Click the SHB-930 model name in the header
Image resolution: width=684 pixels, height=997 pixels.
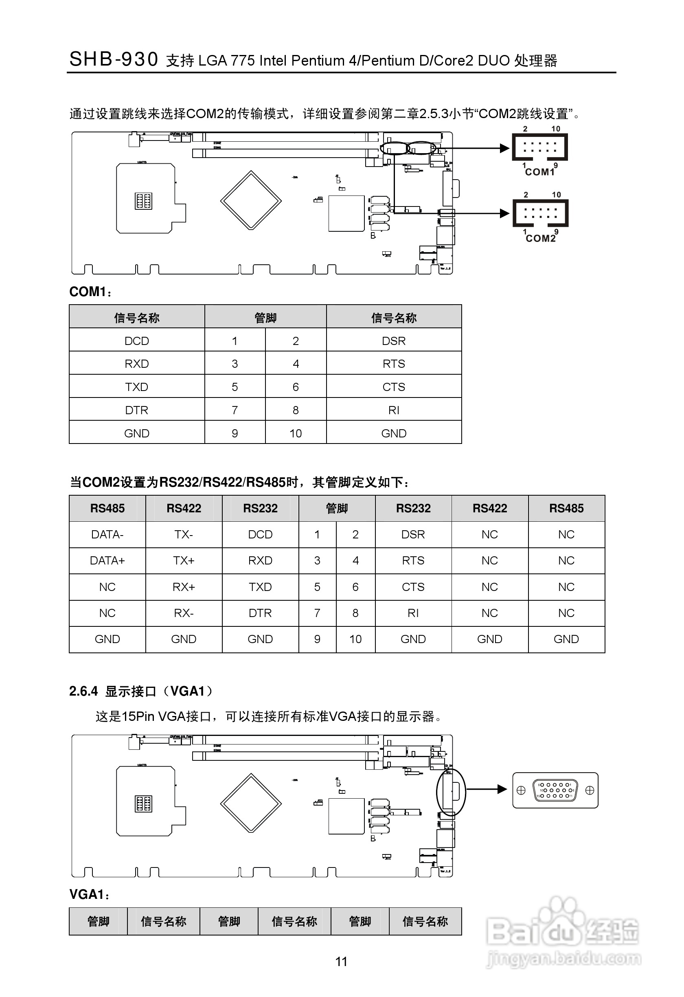114,59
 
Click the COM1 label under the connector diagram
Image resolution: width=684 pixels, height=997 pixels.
539,172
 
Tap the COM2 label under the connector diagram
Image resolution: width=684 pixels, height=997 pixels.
540,239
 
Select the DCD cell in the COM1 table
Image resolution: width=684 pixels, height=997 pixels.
136,341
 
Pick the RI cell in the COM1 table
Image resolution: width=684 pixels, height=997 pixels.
394,411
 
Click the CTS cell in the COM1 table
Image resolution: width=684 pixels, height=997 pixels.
394,387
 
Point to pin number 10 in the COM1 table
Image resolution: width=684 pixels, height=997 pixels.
296,433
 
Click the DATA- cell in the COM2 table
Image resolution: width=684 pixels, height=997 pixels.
107,534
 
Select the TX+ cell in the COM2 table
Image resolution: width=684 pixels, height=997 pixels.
184,561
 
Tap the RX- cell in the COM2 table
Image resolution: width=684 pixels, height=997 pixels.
184,613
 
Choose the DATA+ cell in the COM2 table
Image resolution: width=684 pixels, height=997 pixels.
107,561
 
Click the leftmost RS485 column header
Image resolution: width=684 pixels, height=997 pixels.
107,508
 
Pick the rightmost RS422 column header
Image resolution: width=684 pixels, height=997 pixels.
490,508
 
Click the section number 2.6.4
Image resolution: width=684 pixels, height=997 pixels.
83,691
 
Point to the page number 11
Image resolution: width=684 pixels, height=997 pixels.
341,962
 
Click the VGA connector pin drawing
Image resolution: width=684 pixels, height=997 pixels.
555,790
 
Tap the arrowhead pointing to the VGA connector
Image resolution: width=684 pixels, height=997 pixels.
502,789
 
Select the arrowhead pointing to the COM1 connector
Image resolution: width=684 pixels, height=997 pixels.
504,148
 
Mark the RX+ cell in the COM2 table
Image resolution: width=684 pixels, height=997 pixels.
184,587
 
